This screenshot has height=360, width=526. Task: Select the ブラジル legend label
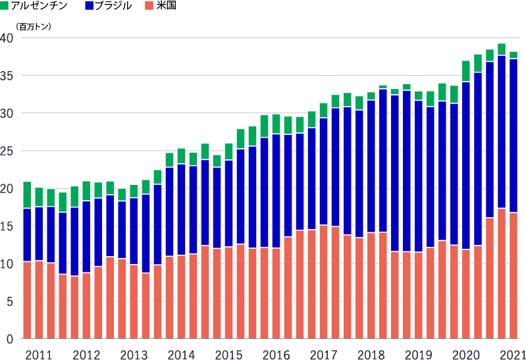[x=114, y=7]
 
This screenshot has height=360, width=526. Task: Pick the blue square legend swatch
[x=89, y=7]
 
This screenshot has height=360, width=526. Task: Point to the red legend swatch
[x=149, y=7]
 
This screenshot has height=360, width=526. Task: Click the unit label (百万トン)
[x=34, y=27]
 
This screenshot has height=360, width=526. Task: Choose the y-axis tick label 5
[x=10, y=301]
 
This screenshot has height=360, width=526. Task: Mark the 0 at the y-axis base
[x=10, y=340]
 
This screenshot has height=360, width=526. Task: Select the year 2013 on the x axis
[x=134, y=355]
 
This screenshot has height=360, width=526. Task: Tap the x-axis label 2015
[x=228, y=355]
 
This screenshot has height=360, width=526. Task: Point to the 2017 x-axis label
[x=323, y=355]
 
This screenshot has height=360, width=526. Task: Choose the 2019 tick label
[x=418, y=355]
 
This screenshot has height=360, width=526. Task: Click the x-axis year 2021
[x=513, y=355]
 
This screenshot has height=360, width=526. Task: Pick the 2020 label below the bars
[x=465, y=355]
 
